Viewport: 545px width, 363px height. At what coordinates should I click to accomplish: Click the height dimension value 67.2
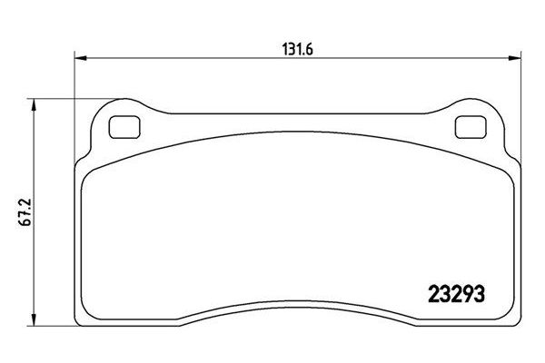point(19,215)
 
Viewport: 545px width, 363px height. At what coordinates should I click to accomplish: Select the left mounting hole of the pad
point(121,129)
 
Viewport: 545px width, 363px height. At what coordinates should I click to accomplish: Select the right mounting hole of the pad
point(466,129)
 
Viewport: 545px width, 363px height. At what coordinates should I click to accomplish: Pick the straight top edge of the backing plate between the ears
point(293,114)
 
